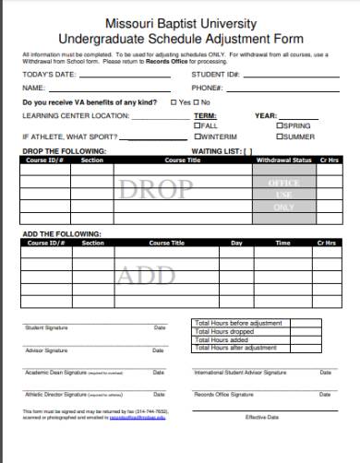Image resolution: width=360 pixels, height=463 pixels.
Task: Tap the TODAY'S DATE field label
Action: pyautogui.click(x=45, y=74)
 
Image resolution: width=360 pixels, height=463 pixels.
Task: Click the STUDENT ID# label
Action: pyautogui.click(x=215, y=74)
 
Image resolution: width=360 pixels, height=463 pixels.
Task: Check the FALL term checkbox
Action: pyautogui.click(x=196, y=125)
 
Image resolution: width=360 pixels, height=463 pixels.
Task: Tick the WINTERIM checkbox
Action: pyautogui.click(x=196, y=137)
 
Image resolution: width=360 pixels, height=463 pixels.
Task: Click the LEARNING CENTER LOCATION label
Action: pyautogui.click(x=61, y=116)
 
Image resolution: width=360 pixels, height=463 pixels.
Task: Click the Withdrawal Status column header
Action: pyautogui.click(x=285, y=160)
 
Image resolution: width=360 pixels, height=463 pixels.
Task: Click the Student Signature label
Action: pyautogui.click(x=46, y=327)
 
